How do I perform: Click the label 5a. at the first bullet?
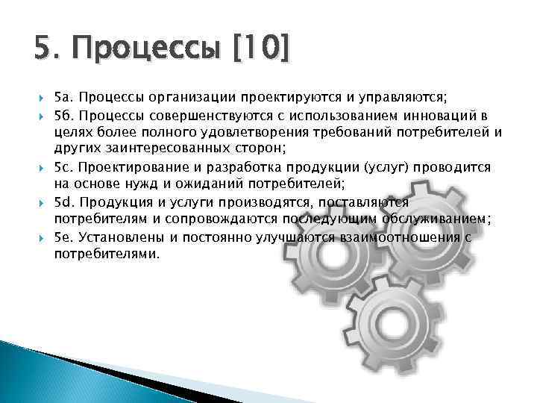point(64,97)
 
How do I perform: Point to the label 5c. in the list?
point(64,166)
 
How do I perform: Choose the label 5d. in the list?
point(64,203)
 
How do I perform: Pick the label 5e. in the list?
point(64,237)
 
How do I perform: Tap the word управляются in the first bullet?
point(399,97)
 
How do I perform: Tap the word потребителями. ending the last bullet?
point(107,254)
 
